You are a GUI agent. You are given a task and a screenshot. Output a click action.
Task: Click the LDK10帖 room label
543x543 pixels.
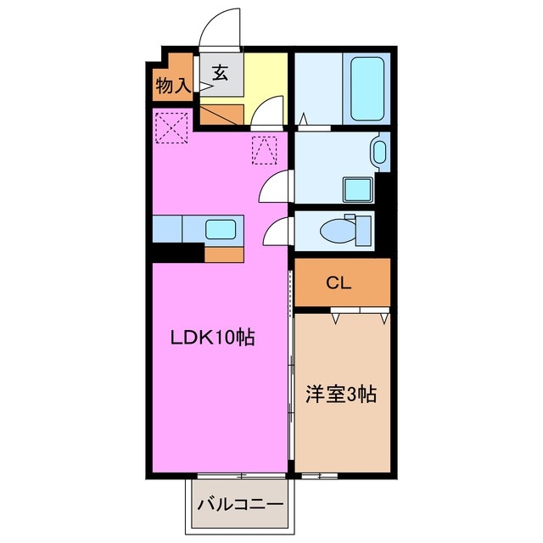213,339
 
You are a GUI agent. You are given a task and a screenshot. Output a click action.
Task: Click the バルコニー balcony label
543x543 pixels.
241,504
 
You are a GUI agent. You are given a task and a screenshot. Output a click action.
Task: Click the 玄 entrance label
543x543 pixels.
220,74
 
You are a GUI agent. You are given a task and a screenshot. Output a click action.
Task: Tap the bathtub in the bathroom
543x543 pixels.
369,81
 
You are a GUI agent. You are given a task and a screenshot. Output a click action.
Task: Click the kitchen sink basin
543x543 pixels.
221,227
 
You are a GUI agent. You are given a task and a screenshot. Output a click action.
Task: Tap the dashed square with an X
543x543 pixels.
171,128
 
